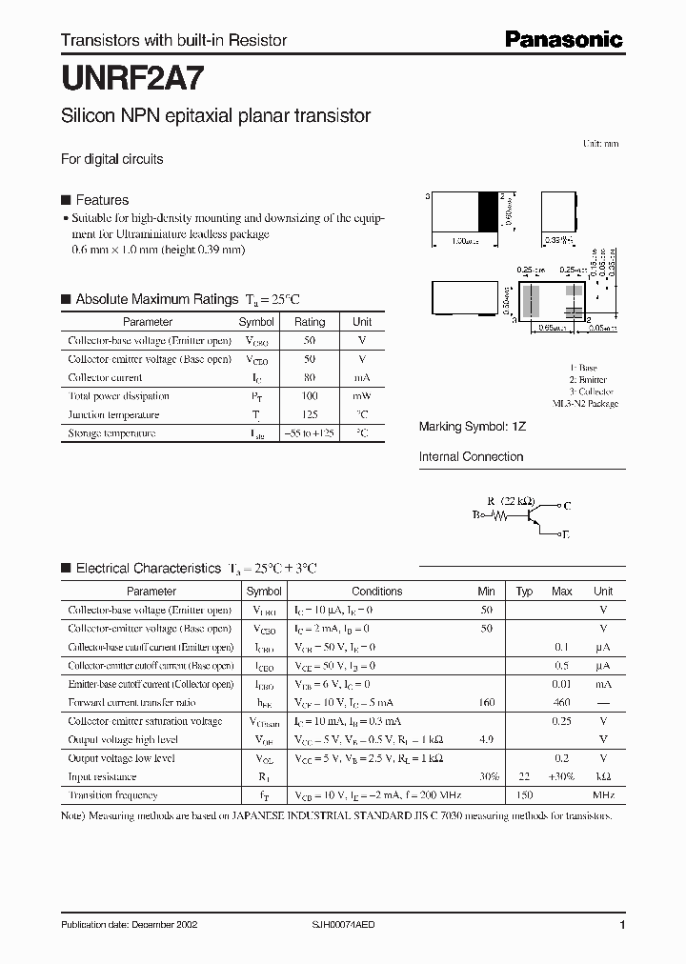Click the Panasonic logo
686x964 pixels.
(x=563, y=39)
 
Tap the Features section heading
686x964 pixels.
(x=101, y=200)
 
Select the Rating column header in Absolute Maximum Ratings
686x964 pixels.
(x=309, y=322)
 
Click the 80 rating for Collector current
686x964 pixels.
(x=309, y=377)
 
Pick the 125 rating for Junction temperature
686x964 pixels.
(x=309, y=414)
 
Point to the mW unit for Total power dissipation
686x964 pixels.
(x=362, y=395)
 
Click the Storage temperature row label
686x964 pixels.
(x=111, y=432)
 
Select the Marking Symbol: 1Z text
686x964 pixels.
(x=473, y=427)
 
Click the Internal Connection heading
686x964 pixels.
(x=471, y=456)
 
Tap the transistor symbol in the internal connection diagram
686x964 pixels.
(x=530, y=515)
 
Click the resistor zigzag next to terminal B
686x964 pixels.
(x=495, y=515)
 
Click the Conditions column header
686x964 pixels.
(x=376, y=591)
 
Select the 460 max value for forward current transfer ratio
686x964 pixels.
(x=561, y=702)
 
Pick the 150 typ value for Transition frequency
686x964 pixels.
(x=523, y=794)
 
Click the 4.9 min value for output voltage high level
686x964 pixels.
(x=487, y=739)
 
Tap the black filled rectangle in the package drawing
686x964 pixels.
(x=488, y=211)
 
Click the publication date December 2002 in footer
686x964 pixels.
(x=130, y=925)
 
